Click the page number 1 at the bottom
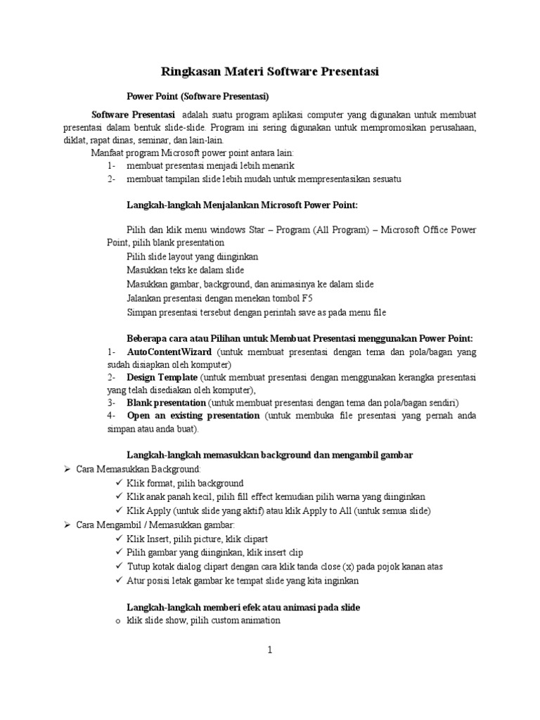pos(269,650)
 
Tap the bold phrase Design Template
pos(161,377)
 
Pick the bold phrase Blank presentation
pos(167,403)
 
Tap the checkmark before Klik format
pos(117,483)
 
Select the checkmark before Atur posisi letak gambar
pos(117,581)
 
